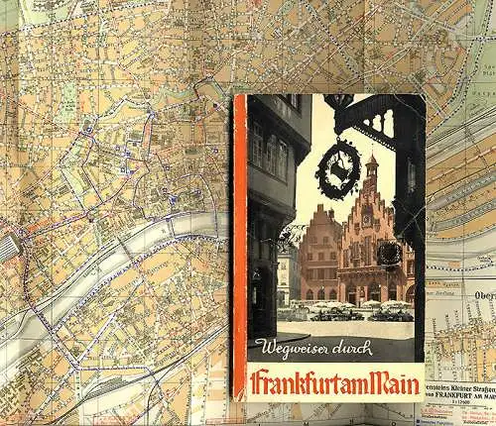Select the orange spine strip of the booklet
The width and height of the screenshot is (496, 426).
238,248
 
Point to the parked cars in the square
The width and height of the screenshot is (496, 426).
347,314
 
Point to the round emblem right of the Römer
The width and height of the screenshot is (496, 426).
390,254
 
